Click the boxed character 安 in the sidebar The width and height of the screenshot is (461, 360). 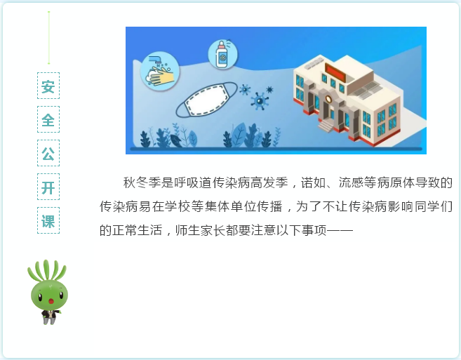[48, 86]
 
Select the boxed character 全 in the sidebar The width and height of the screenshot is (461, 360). [48, 119]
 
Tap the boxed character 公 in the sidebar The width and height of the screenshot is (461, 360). [48, 153]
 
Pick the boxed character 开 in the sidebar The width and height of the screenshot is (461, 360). [48, 187]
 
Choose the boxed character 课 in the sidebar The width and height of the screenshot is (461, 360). [48, 220]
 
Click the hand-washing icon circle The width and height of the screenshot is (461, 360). [160, 71]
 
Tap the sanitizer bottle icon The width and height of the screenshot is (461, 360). [223, 55]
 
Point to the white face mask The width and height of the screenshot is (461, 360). [207, 100]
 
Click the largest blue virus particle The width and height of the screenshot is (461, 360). [259, 101]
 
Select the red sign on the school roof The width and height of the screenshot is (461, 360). [335, 73]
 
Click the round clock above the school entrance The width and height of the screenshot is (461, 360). [328, 98]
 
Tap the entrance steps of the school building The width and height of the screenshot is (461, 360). [326, 126]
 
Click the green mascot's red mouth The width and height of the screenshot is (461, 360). [51, 301]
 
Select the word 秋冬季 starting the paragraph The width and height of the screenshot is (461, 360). [142, 182]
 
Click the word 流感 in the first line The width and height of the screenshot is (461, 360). [351, 182]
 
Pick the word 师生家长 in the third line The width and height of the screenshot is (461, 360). [201, 230]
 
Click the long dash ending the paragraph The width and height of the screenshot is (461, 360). [340, 230]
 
